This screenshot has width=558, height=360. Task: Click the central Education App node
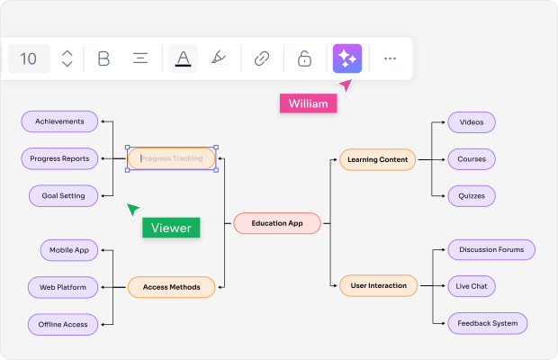pyautogui.click(x=277, y=223)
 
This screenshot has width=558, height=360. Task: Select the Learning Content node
pyautogui.click(x=377, y=160)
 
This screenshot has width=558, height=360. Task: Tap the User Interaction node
pyautogui.click(x=378, y=286)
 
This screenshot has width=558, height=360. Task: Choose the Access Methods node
pyautogui.click(x=171, y=287)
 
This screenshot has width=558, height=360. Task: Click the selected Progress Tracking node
pyautogui.click(x=172, y=159)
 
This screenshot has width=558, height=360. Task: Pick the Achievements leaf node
pyautogui.click(x=59, y=121)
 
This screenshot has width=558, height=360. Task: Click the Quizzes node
pyautogui.click(x=472, y=195)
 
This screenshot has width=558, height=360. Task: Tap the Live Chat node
pyautogui.click(x=472, y=286)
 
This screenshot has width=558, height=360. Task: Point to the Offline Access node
pyautogui.click(x=62, y=324)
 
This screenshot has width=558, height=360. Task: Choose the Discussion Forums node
pyautogui.click(x=490, y=249)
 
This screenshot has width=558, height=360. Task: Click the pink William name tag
pyautogui.click(x=308, y=103)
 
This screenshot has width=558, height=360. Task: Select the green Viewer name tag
pyautogui.click(x=171, y=228)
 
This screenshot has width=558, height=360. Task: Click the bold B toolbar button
pyautogui.click(x=103, y=58)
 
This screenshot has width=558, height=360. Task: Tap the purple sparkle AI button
pyautogui.click(x=346, y=58)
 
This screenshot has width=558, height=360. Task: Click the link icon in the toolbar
pyautogui.click(x=262, y=58)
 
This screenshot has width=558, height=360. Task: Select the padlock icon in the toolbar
pyautogui.click(x=304, y=58)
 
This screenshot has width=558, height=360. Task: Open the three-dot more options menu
pyautogui.click(x=390, y=58)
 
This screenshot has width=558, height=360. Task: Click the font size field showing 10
pyautogui.click(x=29, y=58)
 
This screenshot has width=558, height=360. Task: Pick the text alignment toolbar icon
pyautogui.click(x=140, y=58)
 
